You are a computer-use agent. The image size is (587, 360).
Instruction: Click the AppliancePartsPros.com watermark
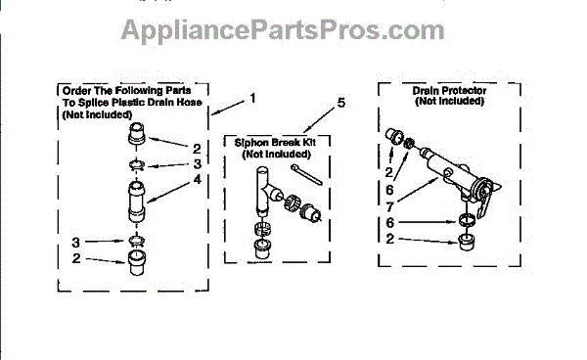(283, 30)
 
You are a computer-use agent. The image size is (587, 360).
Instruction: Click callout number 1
(253, 98)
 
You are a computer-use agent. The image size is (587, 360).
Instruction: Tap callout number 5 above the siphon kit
(341, 103)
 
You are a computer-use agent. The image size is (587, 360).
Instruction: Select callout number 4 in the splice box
(198, 179)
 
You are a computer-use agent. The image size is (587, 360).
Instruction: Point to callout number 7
(389, 206)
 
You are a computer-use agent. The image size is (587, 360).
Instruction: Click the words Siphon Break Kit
(275, 143)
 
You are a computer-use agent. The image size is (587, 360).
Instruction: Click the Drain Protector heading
(449, 91)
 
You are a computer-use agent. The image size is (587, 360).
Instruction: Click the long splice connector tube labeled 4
(136, 202)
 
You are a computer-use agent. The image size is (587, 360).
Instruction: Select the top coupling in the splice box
(137, 134)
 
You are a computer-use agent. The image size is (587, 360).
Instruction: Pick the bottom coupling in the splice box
(137, 263)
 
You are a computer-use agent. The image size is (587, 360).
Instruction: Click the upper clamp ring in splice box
(137, 164)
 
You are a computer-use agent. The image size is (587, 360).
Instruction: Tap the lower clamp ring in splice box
(137, 241)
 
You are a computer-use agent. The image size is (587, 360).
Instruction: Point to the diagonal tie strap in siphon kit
(306, 174)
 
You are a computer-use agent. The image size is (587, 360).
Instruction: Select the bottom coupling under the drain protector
(467, 242)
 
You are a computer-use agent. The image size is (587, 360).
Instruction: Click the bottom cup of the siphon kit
(263, 248)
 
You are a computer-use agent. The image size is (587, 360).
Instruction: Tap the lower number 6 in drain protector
(389, 223)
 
